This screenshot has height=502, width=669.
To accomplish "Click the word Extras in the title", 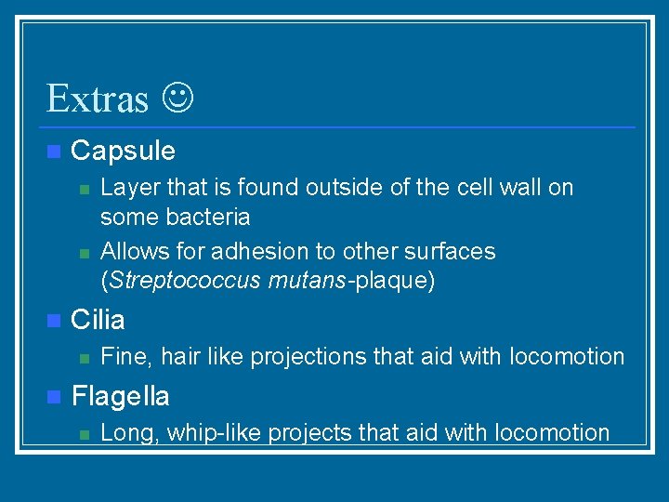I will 97,98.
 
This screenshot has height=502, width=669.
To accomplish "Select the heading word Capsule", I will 123,151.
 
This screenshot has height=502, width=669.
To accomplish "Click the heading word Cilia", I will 98,320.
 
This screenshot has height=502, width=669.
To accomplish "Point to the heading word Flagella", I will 120,397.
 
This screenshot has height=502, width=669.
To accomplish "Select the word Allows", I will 129,251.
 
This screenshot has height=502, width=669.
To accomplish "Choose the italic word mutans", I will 305,281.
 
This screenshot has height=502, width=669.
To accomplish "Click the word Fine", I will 121,356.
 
